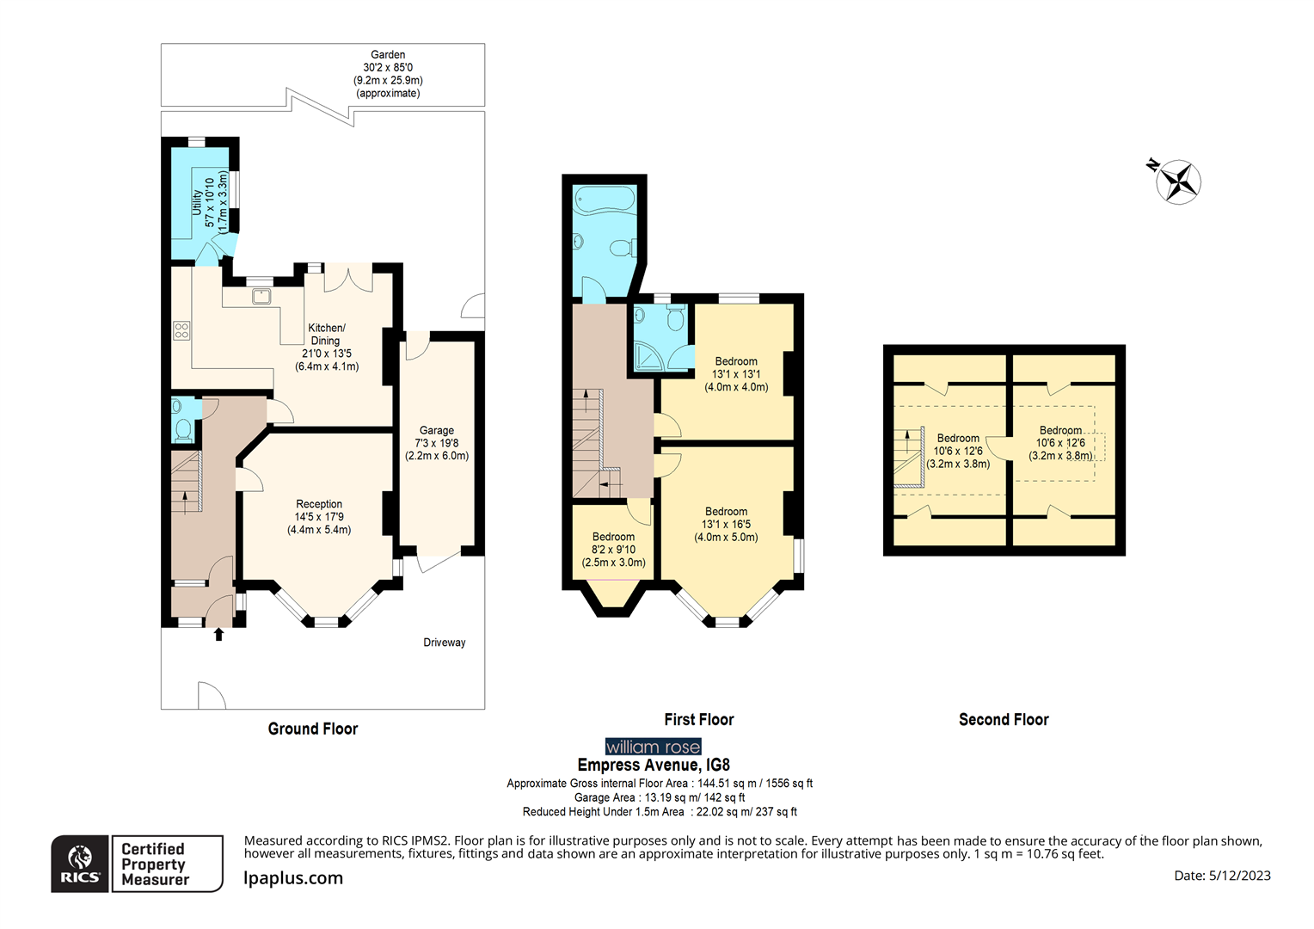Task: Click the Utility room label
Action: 210,202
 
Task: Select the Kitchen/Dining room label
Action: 327,347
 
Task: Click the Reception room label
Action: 319,517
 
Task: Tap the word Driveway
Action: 444,643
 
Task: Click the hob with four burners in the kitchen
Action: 181,330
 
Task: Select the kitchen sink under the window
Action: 261,297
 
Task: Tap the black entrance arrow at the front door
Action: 218,634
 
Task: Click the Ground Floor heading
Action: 313,729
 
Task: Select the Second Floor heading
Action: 1004,719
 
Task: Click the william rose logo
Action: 653,747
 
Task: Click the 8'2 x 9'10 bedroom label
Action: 614,550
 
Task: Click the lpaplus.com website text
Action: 293,878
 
